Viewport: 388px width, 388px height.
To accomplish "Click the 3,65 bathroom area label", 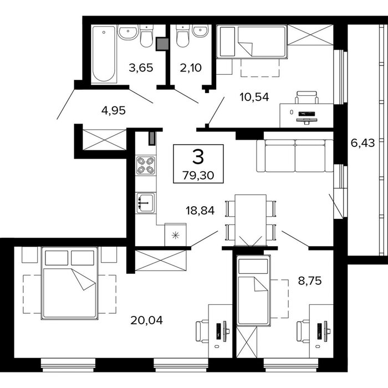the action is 141,68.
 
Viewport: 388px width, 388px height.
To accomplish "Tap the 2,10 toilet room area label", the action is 191,68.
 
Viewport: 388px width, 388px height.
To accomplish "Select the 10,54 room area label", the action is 254,97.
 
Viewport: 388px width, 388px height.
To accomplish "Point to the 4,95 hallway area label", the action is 113,110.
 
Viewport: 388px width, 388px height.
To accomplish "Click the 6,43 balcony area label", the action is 363,143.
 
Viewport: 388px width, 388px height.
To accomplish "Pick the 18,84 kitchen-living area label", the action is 200,211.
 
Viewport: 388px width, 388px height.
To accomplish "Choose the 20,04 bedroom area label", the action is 146,320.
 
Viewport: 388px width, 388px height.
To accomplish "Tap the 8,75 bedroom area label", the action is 309,281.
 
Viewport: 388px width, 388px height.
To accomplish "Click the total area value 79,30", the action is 198,176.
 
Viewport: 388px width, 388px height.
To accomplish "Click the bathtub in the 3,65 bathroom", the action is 104,54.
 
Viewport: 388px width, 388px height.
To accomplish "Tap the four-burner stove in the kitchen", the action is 146,165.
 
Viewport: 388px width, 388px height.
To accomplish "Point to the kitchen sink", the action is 146,203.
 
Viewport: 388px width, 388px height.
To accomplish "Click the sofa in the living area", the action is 295,156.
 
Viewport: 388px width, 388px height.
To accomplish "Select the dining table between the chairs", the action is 251,220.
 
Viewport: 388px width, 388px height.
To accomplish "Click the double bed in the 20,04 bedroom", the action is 69,283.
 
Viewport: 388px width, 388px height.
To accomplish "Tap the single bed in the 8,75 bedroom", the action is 253,291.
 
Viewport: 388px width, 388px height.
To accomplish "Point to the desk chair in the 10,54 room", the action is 307,97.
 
